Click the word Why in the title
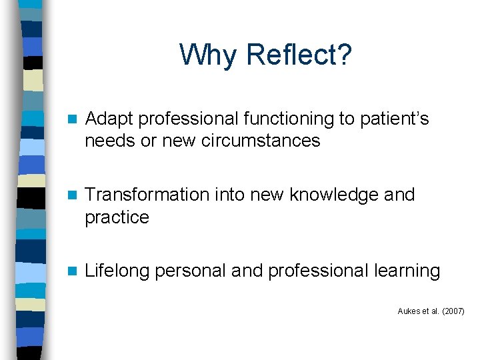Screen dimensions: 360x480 [207, 55]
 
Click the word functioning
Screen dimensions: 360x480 [280, 119]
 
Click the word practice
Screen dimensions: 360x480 [117, 217]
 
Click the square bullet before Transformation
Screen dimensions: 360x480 [73, 195]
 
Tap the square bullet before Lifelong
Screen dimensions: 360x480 [73, 271]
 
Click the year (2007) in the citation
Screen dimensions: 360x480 [453, 311]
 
